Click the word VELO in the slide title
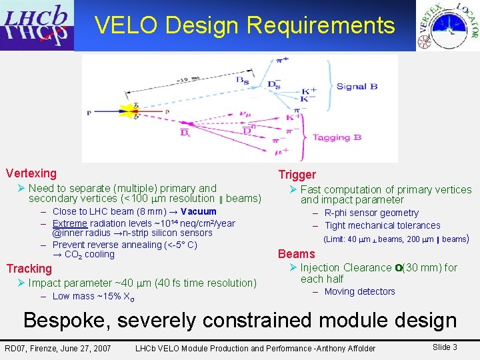pyautogui.click(x=126, y=25)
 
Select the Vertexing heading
pyautogui.click(x=31, y=173)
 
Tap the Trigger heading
pyautogui.click(x=297, y=175)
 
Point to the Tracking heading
pyautogui.click(x=29, y=269)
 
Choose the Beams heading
pyautogui.click(x=296, y=254)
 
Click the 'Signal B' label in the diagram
pyautogui.click(x=357, y=86)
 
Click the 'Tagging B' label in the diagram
pyautogui.click(x=337, y=137)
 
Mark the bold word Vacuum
pyautogui.click(x=198, y=212)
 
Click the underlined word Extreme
pyautogui.click(x=70, y=223)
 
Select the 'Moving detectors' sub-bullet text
pyautogui.click(x=359, y=291)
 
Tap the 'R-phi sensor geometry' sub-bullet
pyautogui.click(x=371, y=213)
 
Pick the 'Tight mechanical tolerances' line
pyautogui.click(x=382, y=225)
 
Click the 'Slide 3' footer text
pyautogui.click(x=445, y=347)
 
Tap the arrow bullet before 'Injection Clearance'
pyautogui.click(x=293, y=268)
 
